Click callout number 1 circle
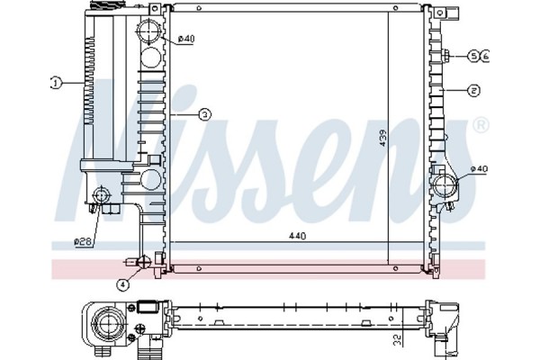tap(55, 83)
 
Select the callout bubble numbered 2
tap(473, 90)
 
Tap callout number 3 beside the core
tap(204, 114)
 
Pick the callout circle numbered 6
tap(485, 56)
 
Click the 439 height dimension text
tap(382, 138)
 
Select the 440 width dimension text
tap(298, 236)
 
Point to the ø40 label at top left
tap(185, 37)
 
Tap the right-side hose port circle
tap(444, 186)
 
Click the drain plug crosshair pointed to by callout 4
tap(140, 262)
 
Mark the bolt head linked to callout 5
tap(446, 56)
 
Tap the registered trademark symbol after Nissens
tap(480, 124)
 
